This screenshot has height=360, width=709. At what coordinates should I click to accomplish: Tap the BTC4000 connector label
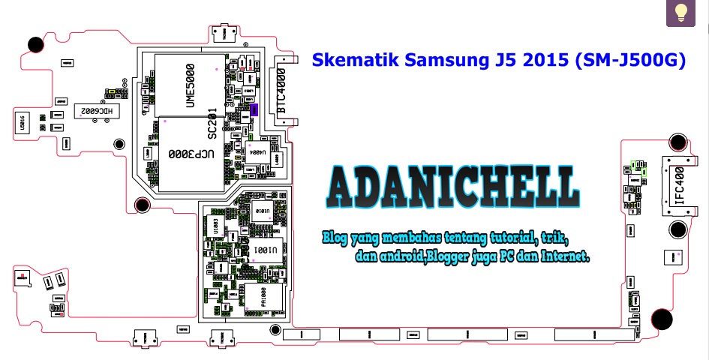click(281, 90)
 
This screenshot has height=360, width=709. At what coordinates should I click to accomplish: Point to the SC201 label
click(212, 122)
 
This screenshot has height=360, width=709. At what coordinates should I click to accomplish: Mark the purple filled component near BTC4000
click(254, 109)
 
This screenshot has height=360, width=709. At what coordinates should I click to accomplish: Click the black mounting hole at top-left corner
click(35, 45)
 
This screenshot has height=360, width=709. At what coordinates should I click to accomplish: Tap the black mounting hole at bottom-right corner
click(662, 320)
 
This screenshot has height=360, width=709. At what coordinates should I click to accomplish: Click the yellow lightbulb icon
click(681, 12)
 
